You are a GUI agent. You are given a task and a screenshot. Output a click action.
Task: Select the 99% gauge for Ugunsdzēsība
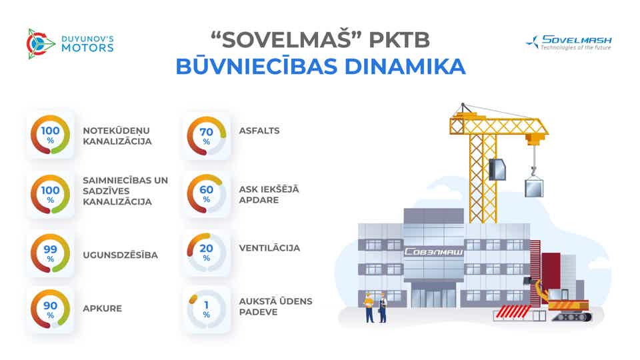[x=51, y=253]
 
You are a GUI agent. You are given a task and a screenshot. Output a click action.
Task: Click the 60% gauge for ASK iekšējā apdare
[x=207, y=193]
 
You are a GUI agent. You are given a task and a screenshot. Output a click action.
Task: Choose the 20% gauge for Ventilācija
[x=207, y=252]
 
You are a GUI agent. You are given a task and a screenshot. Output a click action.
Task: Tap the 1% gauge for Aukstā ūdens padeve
[x=207, y=309]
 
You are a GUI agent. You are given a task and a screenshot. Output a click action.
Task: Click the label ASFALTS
[x=259, y=131]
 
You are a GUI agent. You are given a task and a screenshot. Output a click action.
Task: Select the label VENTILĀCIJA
[x=269, y=248]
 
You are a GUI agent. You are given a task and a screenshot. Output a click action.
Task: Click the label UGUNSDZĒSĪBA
[x=120, y=255]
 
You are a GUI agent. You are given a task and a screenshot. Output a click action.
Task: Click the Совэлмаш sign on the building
[x=434, y=253]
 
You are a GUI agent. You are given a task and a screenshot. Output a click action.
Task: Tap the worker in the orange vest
[x=369, y=307]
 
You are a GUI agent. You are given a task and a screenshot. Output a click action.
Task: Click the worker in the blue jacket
[x=383, y=307]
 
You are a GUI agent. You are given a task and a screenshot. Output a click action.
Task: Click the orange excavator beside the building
[x=563, y=300]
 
